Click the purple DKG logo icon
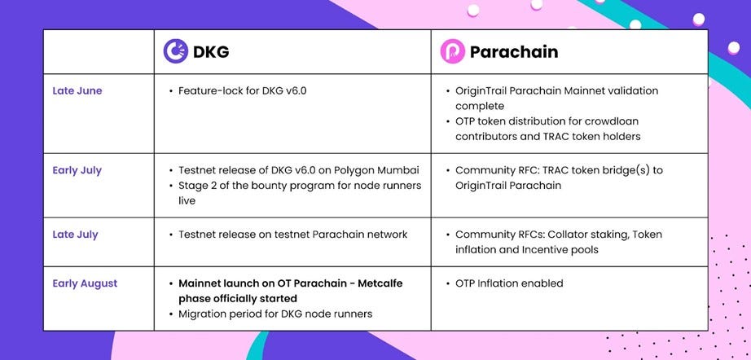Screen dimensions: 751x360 click(x=176, y=51)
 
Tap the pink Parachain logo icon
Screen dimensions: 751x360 click(x=453, y=51)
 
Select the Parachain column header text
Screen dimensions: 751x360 click(x=514, y=51)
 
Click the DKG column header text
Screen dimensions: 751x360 click(x=211, y=51)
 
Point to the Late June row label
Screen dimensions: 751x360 click(x=77, y=91)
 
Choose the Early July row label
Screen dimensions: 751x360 click(x=77, y=170)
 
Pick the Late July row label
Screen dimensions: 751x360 click(x=75, y=235)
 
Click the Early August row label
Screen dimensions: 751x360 click(x=85, y=283)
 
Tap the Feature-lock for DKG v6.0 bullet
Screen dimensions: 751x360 click(x=238, y=90)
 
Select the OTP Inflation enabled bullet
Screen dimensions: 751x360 click(x=504, y=283)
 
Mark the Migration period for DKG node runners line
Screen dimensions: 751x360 click(x=271, y=314)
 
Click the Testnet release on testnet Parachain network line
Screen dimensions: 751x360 click(x=288, y=235)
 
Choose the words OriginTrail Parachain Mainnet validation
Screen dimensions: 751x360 click(x=556, y=91)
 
